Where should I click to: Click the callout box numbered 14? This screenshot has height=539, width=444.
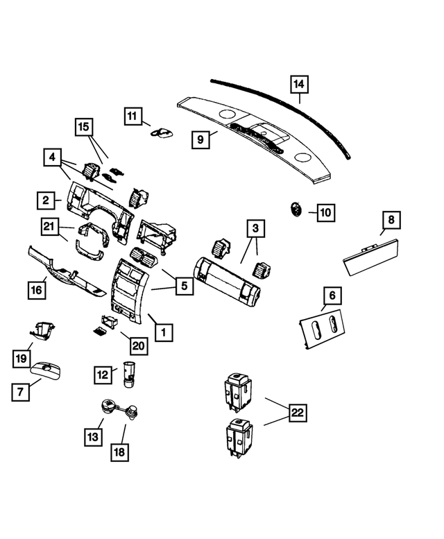click(298, 85)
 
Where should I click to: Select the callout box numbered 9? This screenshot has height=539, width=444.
click(200, 139)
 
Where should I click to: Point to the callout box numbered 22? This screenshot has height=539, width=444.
click(297, 413)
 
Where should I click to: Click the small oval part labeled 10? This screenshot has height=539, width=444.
click(296, 208)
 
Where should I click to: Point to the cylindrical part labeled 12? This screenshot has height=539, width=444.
click(127, 373)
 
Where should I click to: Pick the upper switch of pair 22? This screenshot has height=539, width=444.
click(237, 390)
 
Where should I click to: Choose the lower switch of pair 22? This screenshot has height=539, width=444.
click(237, 438)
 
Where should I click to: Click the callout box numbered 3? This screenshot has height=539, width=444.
click(255, 228)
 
